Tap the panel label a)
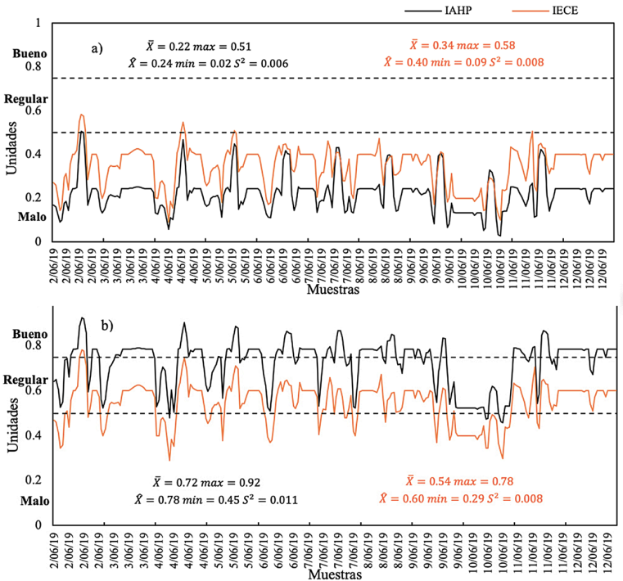[97, 47]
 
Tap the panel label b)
[106, 325]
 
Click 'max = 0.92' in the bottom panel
[231, 483]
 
